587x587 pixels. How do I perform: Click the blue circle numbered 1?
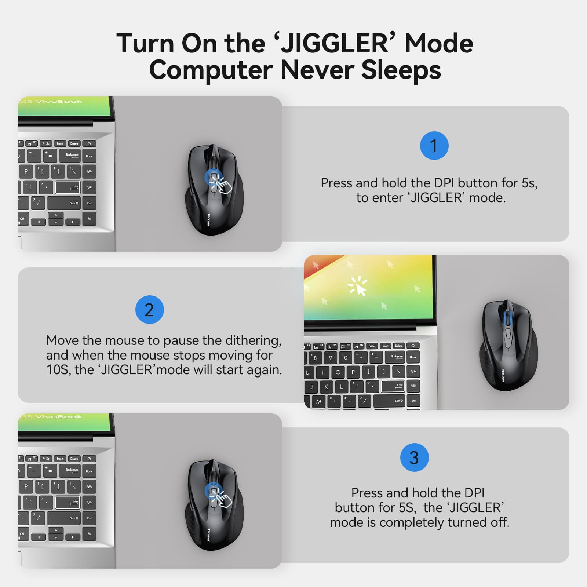pyautogui.click(x=434, y=146)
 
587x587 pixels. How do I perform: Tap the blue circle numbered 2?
pyautogui.click(x=149, y=310)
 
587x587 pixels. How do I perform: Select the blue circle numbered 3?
pyautogui.click(x=414, y=457)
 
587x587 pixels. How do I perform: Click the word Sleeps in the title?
pyautogui.click(x=401, y=70)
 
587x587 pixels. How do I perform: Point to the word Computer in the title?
pyautogui.click(x=211, y=70)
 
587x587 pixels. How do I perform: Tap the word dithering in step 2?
pyautogui.click(x=253, y=340)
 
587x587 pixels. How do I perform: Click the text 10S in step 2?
pyautogui.click(x=57, y=370)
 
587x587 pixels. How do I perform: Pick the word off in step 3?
pyautogui.click(x=500, y=522)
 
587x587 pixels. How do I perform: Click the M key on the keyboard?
pyautogui.click(x=318, y=401)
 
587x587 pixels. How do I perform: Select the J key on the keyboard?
pyautogui.click(x=311, y=387)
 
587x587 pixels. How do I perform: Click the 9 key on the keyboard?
pyautogui.click(x=331, y=357)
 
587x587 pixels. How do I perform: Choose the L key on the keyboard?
pyautogui.click(x=342, y=387)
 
